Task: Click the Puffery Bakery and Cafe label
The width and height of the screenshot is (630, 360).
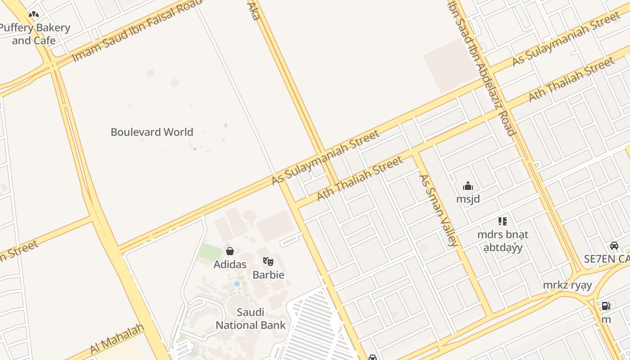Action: (x=35, y=34)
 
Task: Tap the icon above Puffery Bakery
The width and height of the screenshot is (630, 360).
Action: (x=33, y=14)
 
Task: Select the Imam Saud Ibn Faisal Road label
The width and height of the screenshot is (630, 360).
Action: (x=137, y=31)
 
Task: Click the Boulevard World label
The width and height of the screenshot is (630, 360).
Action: (x=152, y=132)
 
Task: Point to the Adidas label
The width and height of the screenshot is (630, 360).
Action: (x=229, y=264)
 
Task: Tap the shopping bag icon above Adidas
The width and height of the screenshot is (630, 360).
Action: (x=229, y=251)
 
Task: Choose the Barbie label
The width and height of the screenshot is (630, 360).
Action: (x=268, y=274)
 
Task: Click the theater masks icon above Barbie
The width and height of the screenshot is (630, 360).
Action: (x=268, y=261)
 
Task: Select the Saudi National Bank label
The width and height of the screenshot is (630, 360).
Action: (x=251, y=319)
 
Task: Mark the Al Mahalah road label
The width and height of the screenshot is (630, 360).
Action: (x=117, y=338)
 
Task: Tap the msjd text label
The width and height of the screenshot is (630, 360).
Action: (x=468, y=199)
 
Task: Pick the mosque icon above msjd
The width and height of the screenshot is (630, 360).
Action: (x=468, y=186)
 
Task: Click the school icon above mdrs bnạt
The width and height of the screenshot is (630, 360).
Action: (x=503, y=221)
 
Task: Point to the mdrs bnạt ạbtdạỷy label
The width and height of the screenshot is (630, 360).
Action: (x=503, y=241)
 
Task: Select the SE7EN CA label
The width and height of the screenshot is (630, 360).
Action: (x=607, y=259)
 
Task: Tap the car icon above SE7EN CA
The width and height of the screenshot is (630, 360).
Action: (x=614, y=246)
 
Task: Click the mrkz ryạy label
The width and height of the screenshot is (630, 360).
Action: (x=567, y=285)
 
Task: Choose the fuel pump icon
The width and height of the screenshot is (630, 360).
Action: (x=606, y=306)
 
